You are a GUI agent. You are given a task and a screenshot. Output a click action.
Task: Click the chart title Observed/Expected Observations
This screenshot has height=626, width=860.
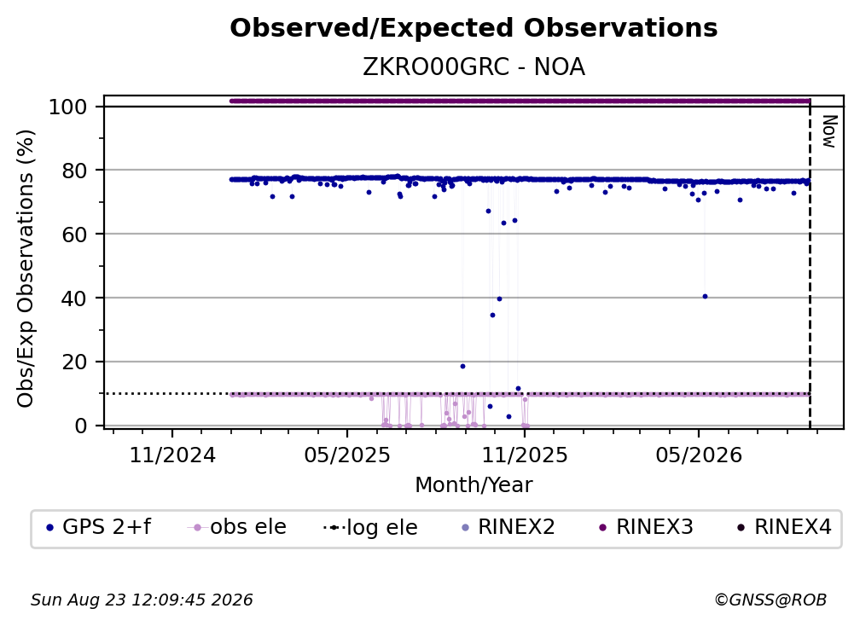pyautogui.click(x=474, y=28)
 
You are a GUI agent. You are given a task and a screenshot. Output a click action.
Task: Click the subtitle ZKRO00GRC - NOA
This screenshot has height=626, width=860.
pyautogui.click(x=474, y=67)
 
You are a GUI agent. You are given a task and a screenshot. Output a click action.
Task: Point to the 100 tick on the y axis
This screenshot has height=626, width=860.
pyautogui.click(x=68, y=107)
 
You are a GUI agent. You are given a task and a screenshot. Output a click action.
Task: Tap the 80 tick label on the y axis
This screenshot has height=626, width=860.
pyautogui.click(x=74, y=171)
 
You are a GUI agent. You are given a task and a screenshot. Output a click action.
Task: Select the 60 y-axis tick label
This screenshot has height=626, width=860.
pyautogui.click(x=74, y=235)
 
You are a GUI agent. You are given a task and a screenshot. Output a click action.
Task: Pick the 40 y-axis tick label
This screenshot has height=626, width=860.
pyautogui.click(x=74, y=299)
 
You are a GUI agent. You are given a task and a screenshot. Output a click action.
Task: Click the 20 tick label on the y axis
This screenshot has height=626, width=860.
pyautogui.click(x=74, y=362)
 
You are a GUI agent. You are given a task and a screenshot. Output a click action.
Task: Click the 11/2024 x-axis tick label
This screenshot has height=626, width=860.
pyautogui.click(x=172, y=455)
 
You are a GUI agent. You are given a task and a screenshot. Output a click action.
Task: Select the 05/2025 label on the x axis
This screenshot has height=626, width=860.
pyautogui.click(x=347, y=455)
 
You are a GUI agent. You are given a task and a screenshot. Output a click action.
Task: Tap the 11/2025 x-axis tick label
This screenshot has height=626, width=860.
pyautogui.click(x=525, y=455)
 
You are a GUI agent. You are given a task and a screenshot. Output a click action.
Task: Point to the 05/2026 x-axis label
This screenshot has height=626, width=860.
pyautogui.click(x=699, y=455)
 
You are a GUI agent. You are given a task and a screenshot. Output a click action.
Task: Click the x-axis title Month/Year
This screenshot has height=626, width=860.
pyautogui.click(x=474, y=485)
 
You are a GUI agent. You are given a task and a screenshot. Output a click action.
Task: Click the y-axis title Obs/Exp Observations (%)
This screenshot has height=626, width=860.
pyautogui.click(x=26, y=269)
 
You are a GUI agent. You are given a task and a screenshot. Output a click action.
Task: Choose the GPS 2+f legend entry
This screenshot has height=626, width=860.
pyautogui.click(x=99, y=527)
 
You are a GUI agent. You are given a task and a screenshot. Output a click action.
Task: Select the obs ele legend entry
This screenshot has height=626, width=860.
pyautogui.click(x=237, y=527)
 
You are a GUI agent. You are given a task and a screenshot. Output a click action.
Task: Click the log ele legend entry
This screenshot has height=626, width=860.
pyautogui.click(x=371, y=527)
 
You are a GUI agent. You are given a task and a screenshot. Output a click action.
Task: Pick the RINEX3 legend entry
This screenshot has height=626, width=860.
pyautogui.click(x=646, y=527)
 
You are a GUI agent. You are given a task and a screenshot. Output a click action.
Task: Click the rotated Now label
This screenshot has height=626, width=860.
pyautogui.click(x=829, y=131)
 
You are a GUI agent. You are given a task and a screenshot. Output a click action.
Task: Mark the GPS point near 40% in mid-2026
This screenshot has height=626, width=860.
pyautogui.click(x=705, y=297)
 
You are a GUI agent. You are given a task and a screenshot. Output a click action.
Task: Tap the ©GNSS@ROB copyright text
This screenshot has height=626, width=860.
pyautogui.click(x=770, y=600)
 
